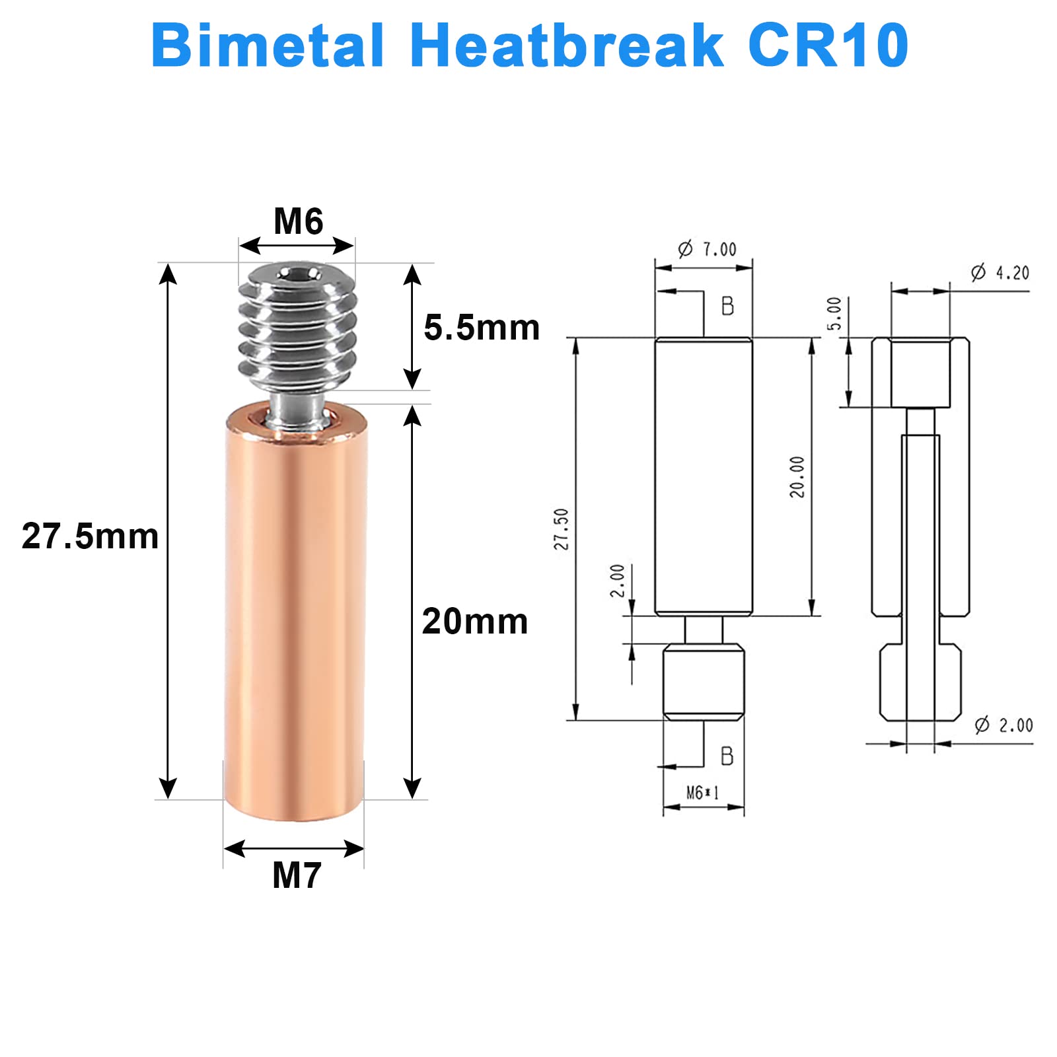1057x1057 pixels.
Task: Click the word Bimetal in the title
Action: [x=268, y=46]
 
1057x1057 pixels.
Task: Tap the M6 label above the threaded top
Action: [x=298, y=221]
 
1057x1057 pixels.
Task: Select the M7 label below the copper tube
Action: [x=297, y=875]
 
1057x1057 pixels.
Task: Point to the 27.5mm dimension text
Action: [x=90, y=536]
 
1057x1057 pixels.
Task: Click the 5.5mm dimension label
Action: [x=481, y=328]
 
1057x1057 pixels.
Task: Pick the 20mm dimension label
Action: [x=474, y=622]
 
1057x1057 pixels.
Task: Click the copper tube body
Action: [x=295, y=614]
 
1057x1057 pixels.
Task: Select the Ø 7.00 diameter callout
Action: [x=707, y=249]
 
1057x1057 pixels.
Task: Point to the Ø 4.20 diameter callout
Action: [x=1000, y=272]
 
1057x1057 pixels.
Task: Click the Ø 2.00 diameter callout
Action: [x=1003, y=725]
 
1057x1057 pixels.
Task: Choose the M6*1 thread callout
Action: [x=702, y=792]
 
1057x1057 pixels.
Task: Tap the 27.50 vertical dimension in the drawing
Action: [x=561, y=529]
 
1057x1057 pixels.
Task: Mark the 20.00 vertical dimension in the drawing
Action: [x=797, y=476]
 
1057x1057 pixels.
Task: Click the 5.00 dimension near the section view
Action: [x=834, y=314]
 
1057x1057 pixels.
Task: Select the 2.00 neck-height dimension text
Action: [x=617, y=581]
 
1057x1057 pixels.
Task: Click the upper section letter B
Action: [x=727, y=306]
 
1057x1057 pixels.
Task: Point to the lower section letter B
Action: [x=727, y=756]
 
